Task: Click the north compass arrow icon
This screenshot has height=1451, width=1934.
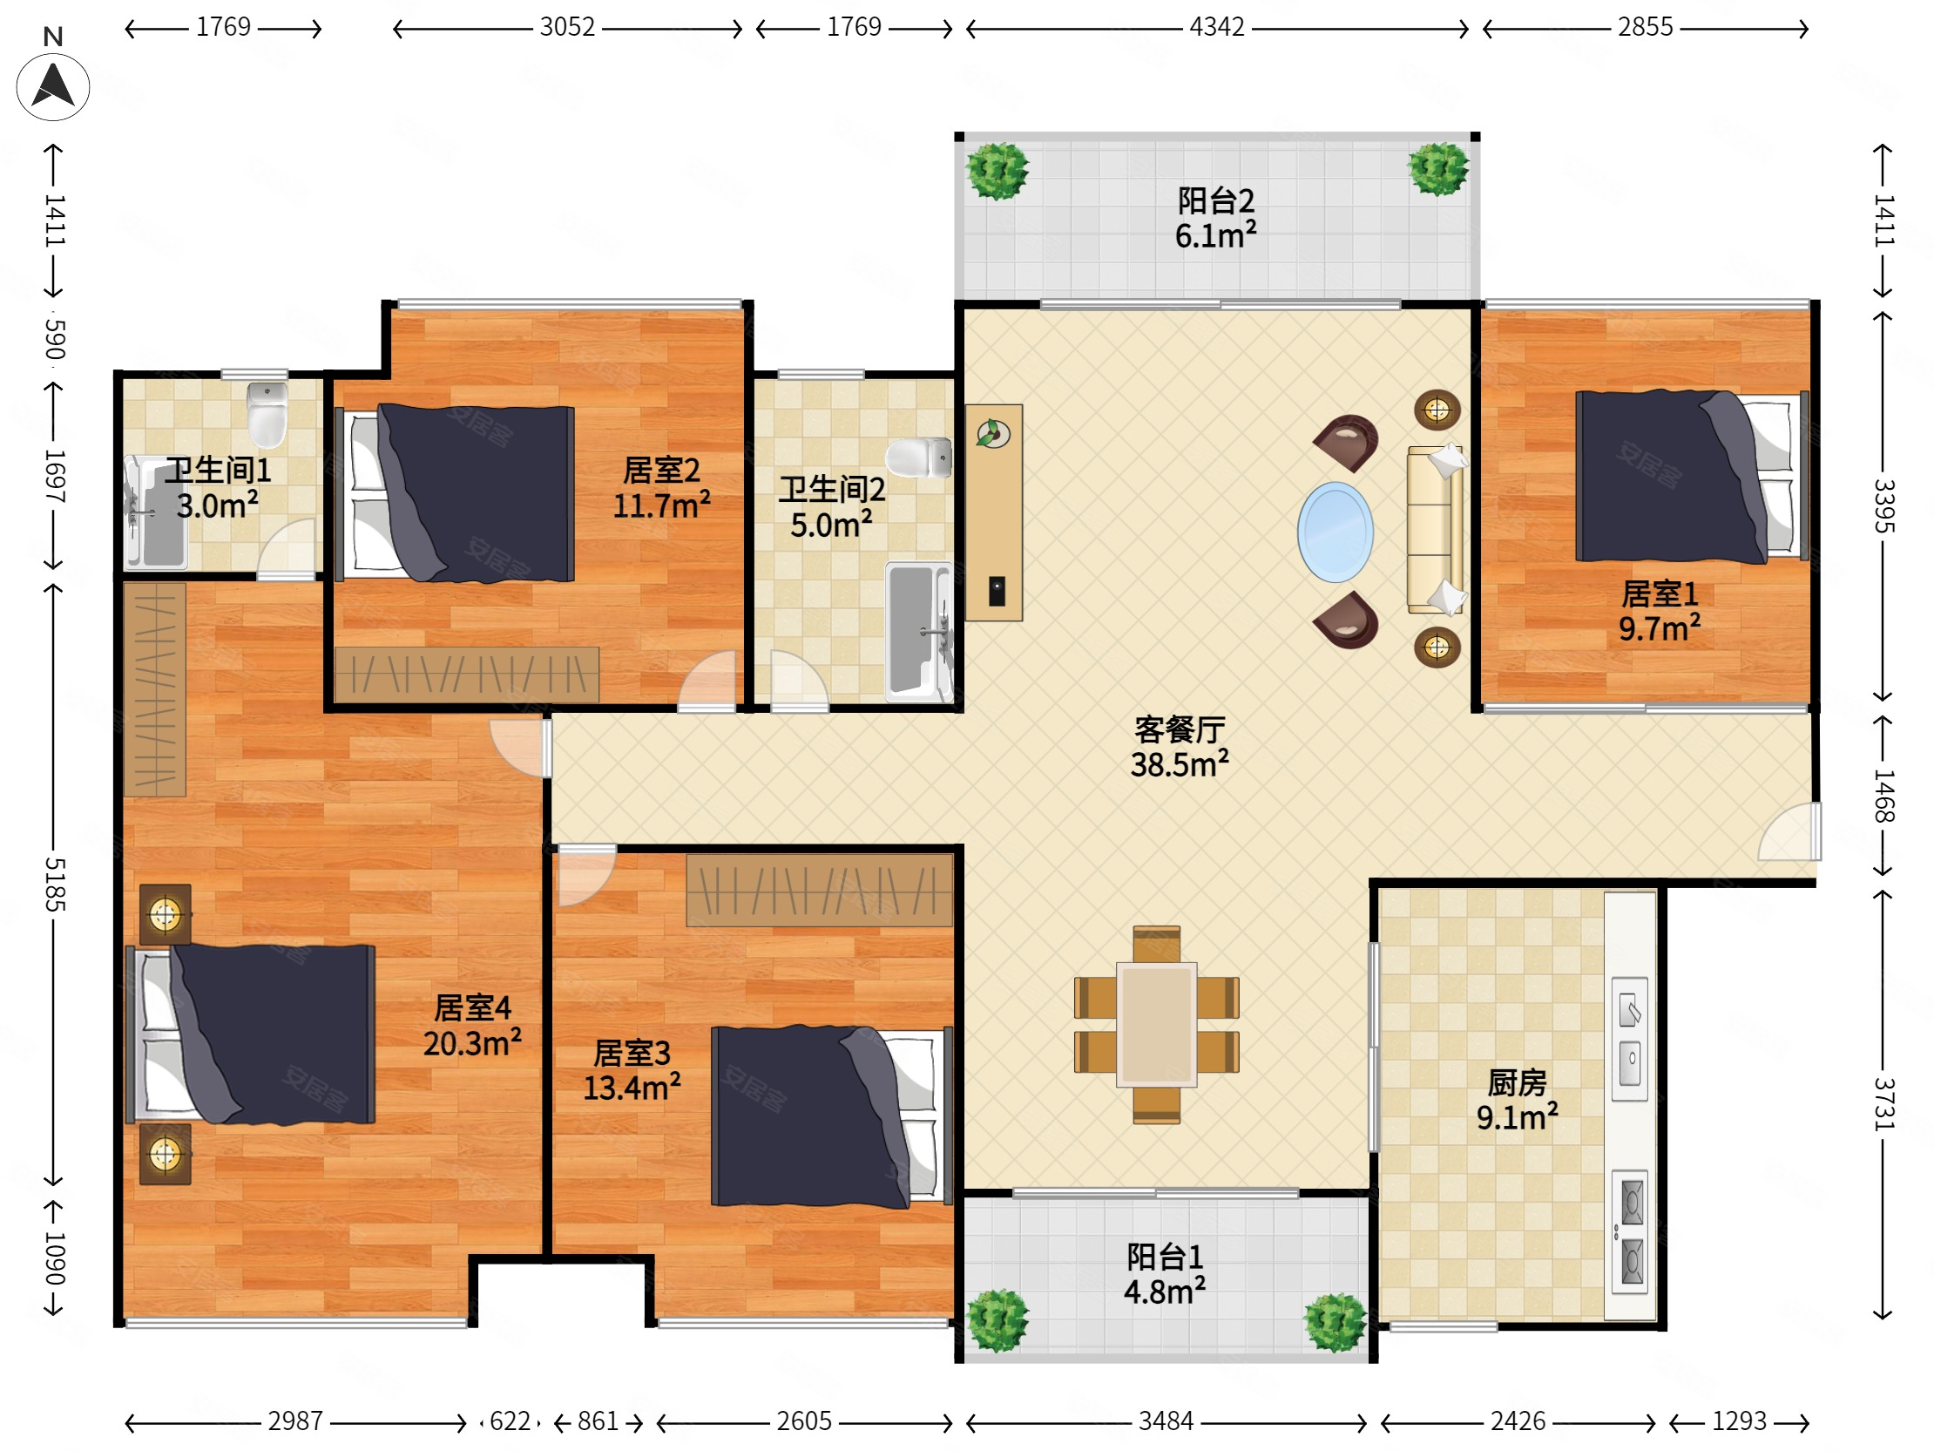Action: point(53,86)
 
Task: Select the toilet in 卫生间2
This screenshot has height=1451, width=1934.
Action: point(919,458)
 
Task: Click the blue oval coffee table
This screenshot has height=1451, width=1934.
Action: point(1335,532)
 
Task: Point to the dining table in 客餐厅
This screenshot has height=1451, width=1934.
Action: point(1156,1024)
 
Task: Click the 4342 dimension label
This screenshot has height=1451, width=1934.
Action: point(1216,27)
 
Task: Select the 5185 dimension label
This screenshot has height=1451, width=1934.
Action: point(54,885)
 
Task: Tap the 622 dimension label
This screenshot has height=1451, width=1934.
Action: point(510,1421)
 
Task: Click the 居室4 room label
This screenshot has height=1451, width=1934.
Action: point(472,1007)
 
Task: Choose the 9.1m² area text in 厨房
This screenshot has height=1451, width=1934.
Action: point(1517,1117)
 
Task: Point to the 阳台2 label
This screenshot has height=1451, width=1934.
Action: point(1215,201)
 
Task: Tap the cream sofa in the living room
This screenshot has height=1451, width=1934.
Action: point(1435,530)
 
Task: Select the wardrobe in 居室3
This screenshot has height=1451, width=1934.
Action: point(819,891)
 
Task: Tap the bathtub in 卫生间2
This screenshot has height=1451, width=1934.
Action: point(919,632)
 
